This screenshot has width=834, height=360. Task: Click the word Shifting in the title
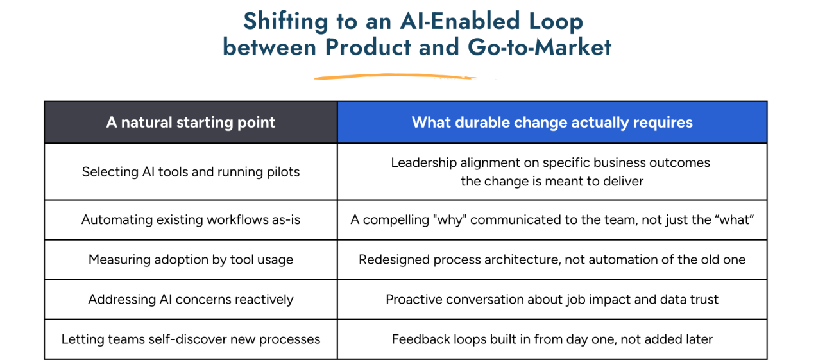click(x=285, y=21)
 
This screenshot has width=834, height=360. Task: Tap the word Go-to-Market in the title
click(x=540, y=47)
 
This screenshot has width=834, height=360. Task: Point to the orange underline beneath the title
click(x=395, y=76)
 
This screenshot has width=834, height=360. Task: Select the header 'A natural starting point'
click(x=191, y=123)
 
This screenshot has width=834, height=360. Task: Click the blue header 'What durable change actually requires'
click(x=552, y=123)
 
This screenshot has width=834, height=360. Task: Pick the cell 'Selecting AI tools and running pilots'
click(x=191, y=172)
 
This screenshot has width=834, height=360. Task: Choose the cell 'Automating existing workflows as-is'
click(x=191, y=219)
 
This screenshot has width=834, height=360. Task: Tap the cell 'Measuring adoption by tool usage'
click(x=191, y=259)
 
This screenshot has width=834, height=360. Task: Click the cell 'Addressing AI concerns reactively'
click(x=191, y=299)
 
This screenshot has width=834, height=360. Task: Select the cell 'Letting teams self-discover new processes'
click(x=191, y=339)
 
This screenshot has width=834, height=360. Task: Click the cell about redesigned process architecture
click(x=552, y=259)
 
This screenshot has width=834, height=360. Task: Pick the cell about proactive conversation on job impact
click(x=552, y=299)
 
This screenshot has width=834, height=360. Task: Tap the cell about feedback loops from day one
click(x=552, y=339)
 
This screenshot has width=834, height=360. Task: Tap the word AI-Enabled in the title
click(x=460, y=21)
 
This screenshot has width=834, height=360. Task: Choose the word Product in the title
click(x=368, y=47)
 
